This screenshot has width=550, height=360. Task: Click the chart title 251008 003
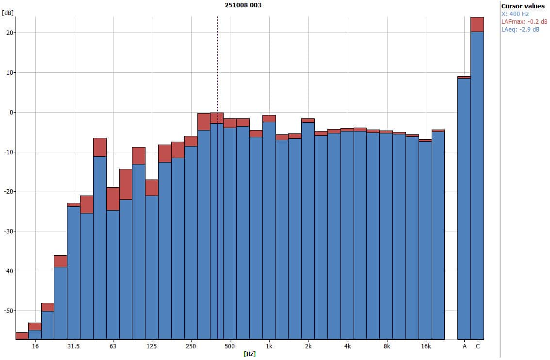tap(243, 5)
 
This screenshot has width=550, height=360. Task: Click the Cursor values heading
tap(523, 6)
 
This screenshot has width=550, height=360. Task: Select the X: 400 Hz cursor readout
tap(515, 14)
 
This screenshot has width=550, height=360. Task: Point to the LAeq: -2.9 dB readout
tap(520, 30)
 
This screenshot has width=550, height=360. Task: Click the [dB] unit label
tap(7, 13)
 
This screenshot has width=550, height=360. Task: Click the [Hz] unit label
tap(249, 354)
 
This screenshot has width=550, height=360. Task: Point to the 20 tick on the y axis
tap(9, 33)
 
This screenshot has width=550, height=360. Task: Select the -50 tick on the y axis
tap(8, 311)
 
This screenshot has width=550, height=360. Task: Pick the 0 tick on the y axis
tap(11, 113)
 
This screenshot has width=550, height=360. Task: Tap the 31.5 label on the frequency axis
tap(73, 346)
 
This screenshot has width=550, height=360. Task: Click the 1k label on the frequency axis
tap(269, 346)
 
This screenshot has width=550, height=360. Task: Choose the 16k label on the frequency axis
tap(425, 346)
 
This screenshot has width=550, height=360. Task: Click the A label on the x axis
tap(464, 346)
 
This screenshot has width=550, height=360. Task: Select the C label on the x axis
tap(478, 346)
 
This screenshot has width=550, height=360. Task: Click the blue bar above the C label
tap(477, 184)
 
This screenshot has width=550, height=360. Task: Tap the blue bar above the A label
tap(464, 209)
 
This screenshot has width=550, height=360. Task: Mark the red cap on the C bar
tap(477, 24)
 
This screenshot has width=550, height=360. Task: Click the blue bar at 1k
tap(269, 228)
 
